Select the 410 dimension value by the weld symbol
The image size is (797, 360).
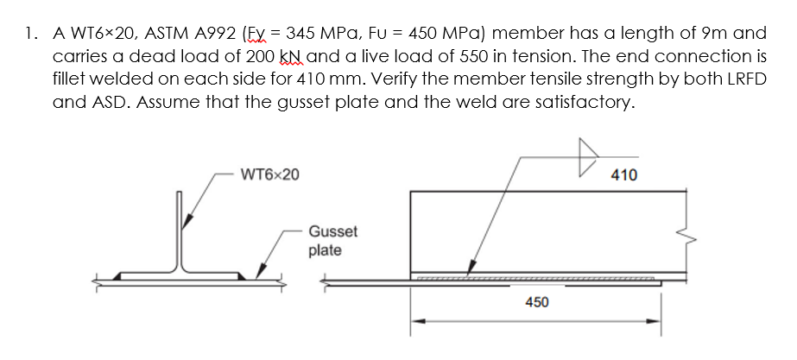(623, 175)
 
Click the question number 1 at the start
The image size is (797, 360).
(30, 35)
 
